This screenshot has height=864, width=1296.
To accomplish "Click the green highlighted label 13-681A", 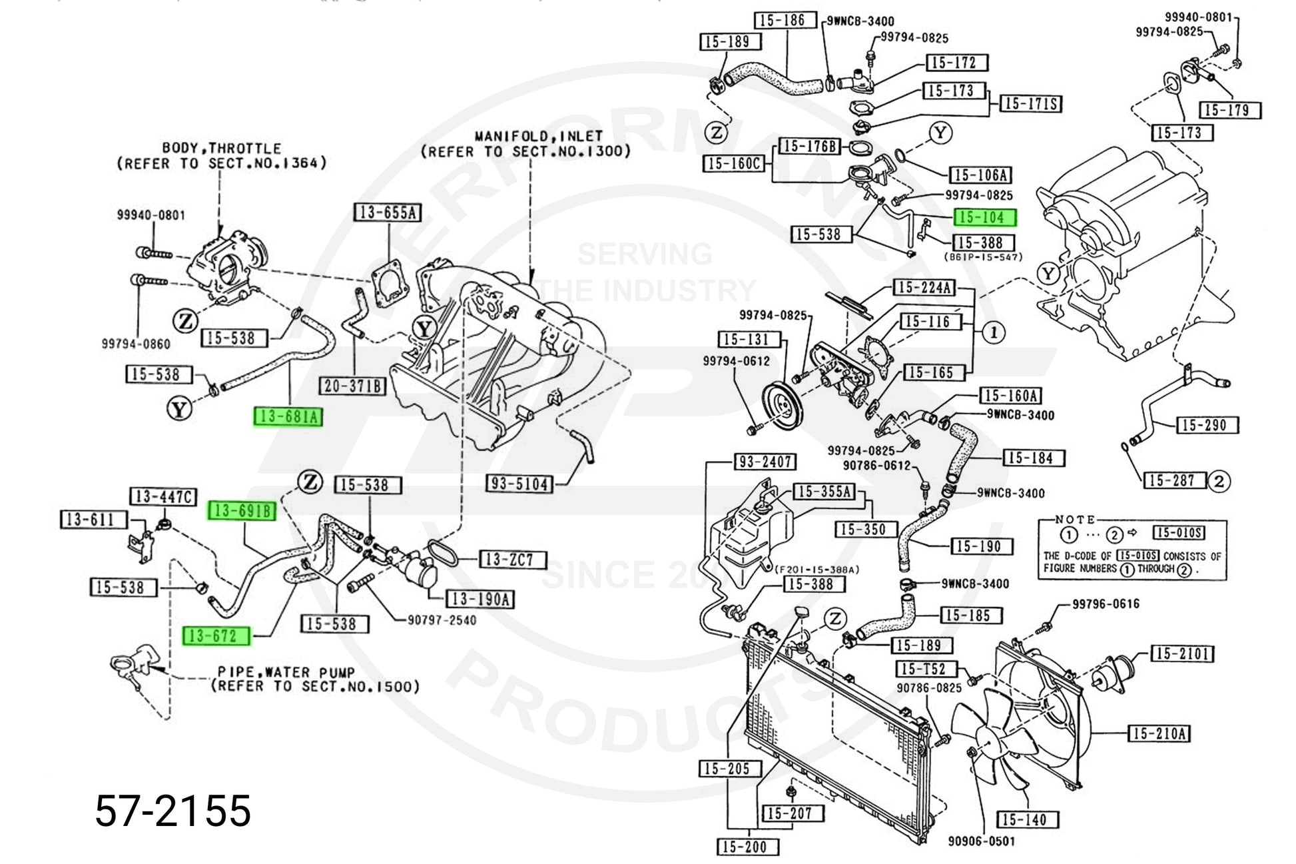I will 288,417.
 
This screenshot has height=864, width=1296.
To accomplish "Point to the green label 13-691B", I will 242,511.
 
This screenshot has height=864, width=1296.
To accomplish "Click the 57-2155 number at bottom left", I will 173,811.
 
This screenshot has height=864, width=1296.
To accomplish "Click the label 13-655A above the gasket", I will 387,213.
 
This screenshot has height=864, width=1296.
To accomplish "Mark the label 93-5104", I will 521,484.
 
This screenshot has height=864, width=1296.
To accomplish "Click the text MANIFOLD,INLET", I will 529,136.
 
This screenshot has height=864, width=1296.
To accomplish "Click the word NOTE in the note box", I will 1075,519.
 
